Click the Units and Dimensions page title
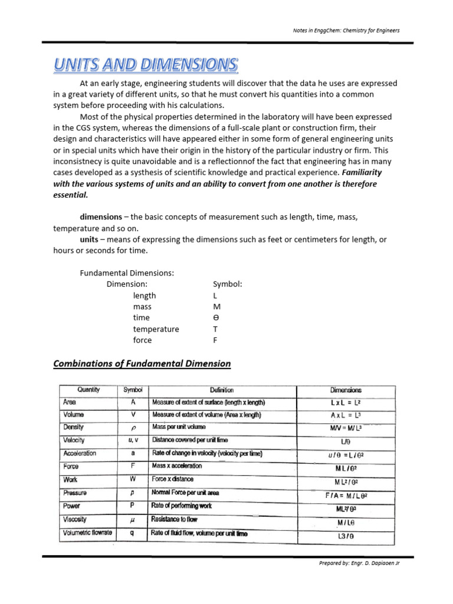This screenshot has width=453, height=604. (x=146, y=64)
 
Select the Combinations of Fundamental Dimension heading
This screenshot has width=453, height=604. (x=142, y=363)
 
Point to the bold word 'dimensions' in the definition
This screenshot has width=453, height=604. (x=101, y=217)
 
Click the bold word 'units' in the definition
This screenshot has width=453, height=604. (x=90, y=239)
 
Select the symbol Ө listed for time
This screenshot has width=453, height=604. (x=216, y=318)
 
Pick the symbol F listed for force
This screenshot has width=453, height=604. (x=215, y=340)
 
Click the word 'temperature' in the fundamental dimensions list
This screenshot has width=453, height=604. (x=156, y=329)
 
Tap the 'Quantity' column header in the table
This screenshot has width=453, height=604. (x=88, y=390)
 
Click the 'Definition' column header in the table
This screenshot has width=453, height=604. (x=222, y=390)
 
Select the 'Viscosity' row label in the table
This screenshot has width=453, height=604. (x=75, y=520)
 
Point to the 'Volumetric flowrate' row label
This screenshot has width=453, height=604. (x=87, y=533)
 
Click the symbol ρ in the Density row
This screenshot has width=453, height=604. (x=134, y=428)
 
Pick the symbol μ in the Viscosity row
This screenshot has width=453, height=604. (x=134, y=520)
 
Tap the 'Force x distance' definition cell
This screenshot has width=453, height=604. (x=173, y=480)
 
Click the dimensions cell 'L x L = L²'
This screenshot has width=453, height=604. (x=346, y=403)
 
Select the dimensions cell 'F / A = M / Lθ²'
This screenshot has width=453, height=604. (x=346, y=496)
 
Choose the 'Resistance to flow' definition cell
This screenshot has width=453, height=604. (x=175, y=520)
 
